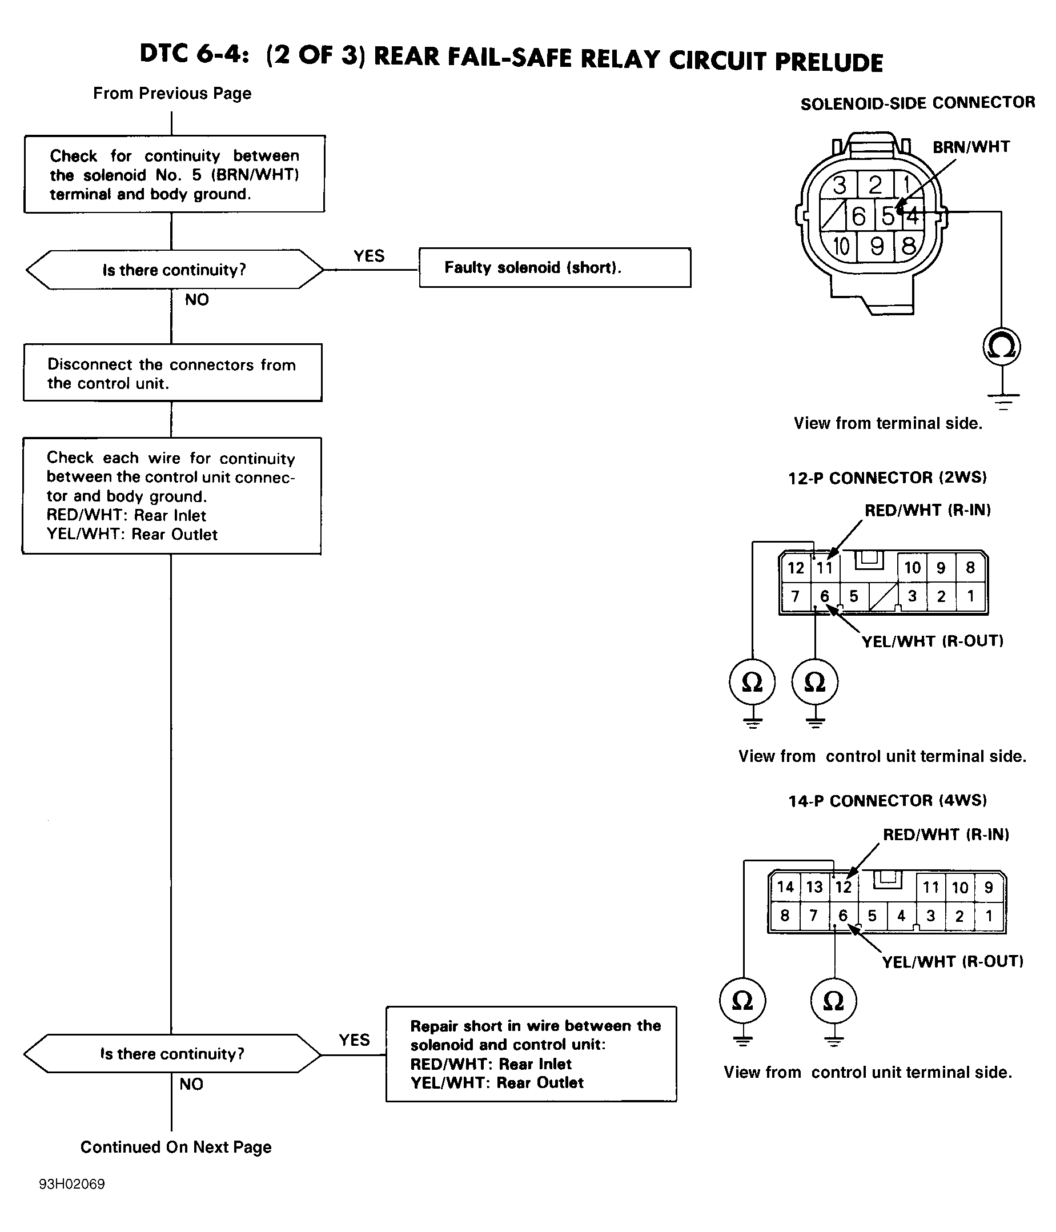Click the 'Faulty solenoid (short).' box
(x=555, y=267)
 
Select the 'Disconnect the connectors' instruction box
(x=172, y=373)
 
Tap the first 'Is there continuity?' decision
(x=174, y=270)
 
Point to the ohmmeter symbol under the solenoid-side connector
(x=1002, y=347)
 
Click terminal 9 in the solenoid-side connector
(x=876, y=246)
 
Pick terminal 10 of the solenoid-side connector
(x=840, y=246)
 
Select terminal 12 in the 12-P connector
(x=796, y=568)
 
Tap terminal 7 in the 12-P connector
(x=796, y=596)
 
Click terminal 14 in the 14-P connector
(x=785, y=888)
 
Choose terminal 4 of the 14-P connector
(x=901, y=916)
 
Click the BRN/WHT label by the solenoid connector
(x=971, y=147)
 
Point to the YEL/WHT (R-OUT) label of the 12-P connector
(x=932, y=641)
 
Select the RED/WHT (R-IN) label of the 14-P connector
(x=946, y=835)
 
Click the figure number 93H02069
(x=72, y=1184)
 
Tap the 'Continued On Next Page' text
(x=176, y=1147)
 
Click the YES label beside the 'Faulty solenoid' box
(x=370, y=256)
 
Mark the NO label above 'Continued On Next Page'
(x=191, y=1084)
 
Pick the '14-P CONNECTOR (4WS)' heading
(x=888, y=801)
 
